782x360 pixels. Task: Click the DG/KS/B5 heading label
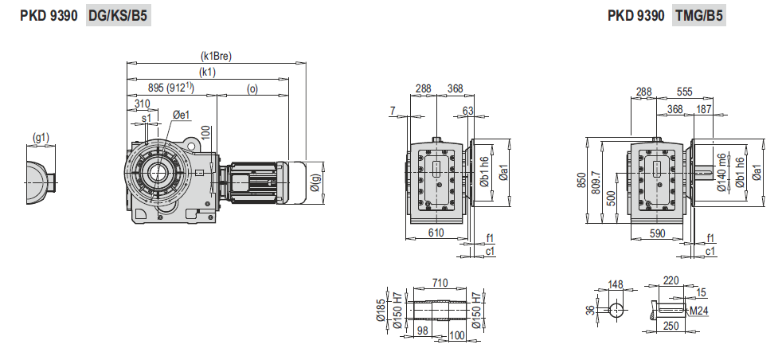pos(118,16)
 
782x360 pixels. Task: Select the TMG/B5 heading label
pos(698,16)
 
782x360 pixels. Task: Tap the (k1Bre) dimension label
pos(217,57)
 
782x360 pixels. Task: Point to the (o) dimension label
pos(252,88)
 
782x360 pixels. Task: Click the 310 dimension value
pos(142,104)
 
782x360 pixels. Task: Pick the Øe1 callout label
pos(182,115)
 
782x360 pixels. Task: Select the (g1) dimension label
pos(41,138)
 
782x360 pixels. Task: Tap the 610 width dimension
pos(436,233)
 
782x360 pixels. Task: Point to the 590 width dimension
pos(657,233)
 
